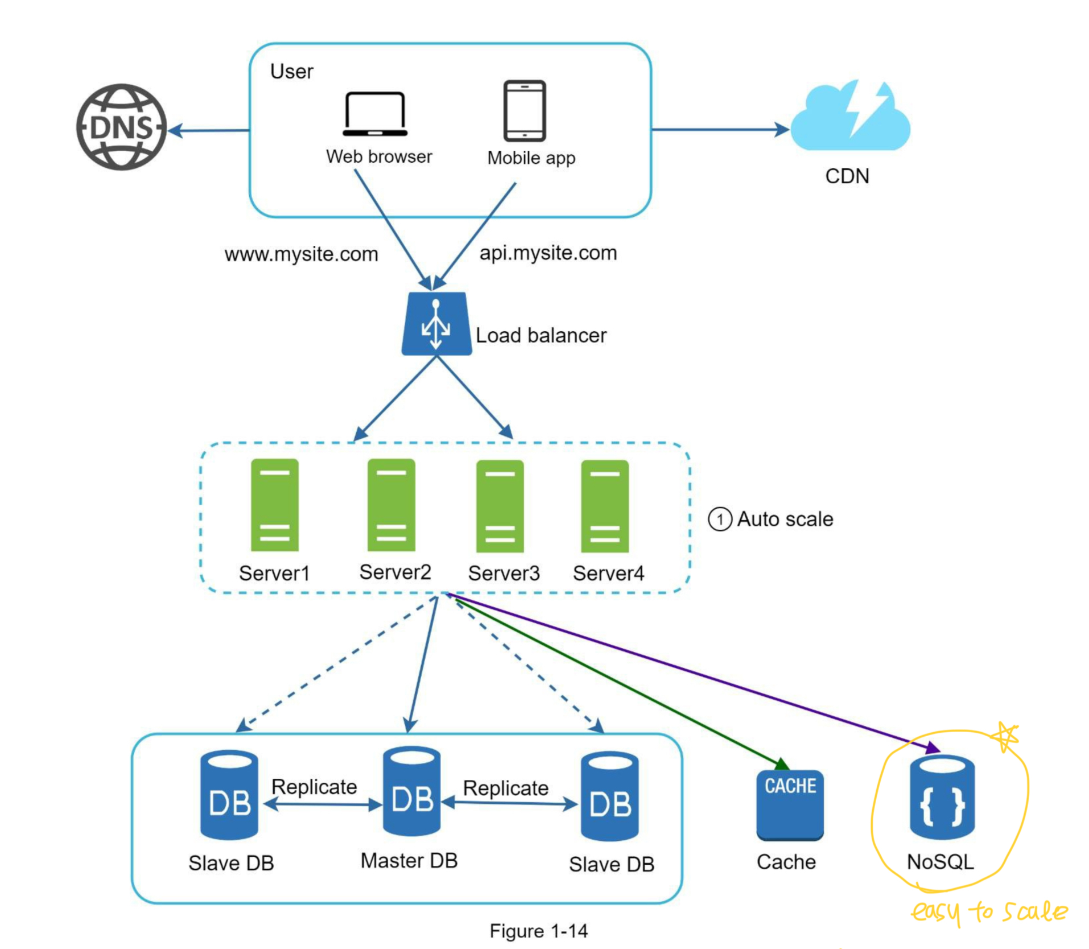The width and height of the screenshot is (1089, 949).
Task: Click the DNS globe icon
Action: pos(121,127)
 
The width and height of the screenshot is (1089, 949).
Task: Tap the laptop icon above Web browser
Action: pos(375,114)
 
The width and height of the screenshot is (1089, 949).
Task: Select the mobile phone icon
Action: pos(524,111)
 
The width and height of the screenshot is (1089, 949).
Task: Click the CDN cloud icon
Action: pos(850,118)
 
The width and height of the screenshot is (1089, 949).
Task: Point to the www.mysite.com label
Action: pos(301,254)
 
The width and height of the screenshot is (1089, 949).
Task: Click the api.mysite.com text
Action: pos(548,253)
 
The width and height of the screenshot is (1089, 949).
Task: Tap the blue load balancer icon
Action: pos(436,324)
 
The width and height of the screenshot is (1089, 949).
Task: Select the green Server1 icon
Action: pos(274,505)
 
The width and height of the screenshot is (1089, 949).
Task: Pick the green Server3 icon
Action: pos(500,506)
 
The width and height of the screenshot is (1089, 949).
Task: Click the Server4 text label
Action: pos(608,573)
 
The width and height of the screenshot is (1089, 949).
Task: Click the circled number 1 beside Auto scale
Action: pos(719,519)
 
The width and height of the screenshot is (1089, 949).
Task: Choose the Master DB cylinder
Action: pos(411,791)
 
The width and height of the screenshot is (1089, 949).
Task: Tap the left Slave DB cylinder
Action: pos(229,795)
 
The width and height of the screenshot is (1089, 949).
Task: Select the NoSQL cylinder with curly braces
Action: pos(942,797)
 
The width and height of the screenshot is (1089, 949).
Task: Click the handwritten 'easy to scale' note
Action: pos(989,911)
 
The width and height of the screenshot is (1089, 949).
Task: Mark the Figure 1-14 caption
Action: pos(538,931)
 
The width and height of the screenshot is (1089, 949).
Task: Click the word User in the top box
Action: pos(291,72)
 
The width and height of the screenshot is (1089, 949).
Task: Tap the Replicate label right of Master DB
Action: pos(505,788)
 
